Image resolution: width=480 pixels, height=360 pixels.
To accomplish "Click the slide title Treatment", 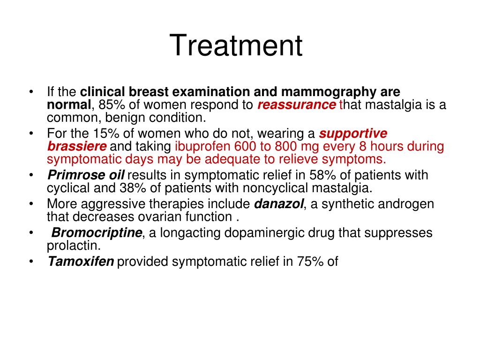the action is pyautogui.click(x=236, y=45).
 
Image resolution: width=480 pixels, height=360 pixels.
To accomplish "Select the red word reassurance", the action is pyautogui.click(x=296, y=105).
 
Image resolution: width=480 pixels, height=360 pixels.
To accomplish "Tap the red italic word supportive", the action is pyautogui.click(x=353, y=134).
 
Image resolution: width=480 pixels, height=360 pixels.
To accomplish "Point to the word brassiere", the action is pyautogui.click(x=77, y=146).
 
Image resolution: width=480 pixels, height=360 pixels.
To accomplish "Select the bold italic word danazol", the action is pyautogui.click(x=279, y=204).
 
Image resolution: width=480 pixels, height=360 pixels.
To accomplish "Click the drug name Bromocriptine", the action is pyautogui.click(x=97, y=233).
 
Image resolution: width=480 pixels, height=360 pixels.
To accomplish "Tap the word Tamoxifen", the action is pyautogui.click(x=81, y=262).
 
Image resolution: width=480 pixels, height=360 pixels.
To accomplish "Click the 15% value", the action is pyautogui.click(x=106, y=134).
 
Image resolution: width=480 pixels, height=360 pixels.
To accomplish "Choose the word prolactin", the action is pyautogui.click(x=74, y=246).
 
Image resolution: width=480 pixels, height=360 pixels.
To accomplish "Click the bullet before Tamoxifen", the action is pyautogui.click(x=31, y=262).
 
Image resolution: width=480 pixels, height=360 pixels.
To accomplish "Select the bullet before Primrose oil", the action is pyautogui.click(x=31, y=175).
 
